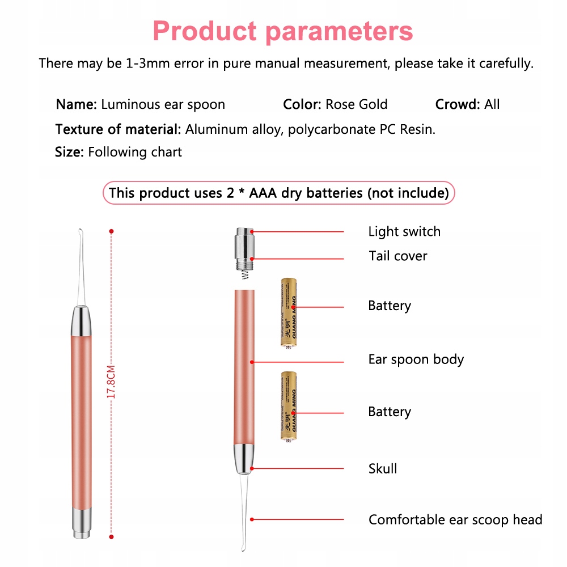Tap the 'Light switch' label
click(x=404, y=231)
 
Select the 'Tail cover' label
click(x=397, y=256)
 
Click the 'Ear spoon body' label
click(x=416, y=359)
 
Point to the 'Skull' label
click(x=382, y=469)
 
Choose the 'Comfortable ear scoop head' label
click(x=455, y=519)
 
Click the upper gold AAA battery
click(x=289, y=312)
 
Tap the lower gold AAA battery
click(x=289, y=405)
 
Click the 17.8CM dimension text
click(x=112, y=382)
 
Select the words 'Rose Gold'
click(x=356, y=104)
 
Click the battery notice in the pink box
click(x=278, y=193)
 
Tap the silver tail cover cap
click(x=245, y=248)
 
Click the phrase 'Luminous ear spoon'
click(x=163, y=104)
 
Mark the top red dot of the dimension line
click(x=112, y=231)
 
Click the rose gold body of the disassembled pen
click(x=244, y=363)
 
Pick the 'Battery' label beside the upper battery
click(x=389, y=306)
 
